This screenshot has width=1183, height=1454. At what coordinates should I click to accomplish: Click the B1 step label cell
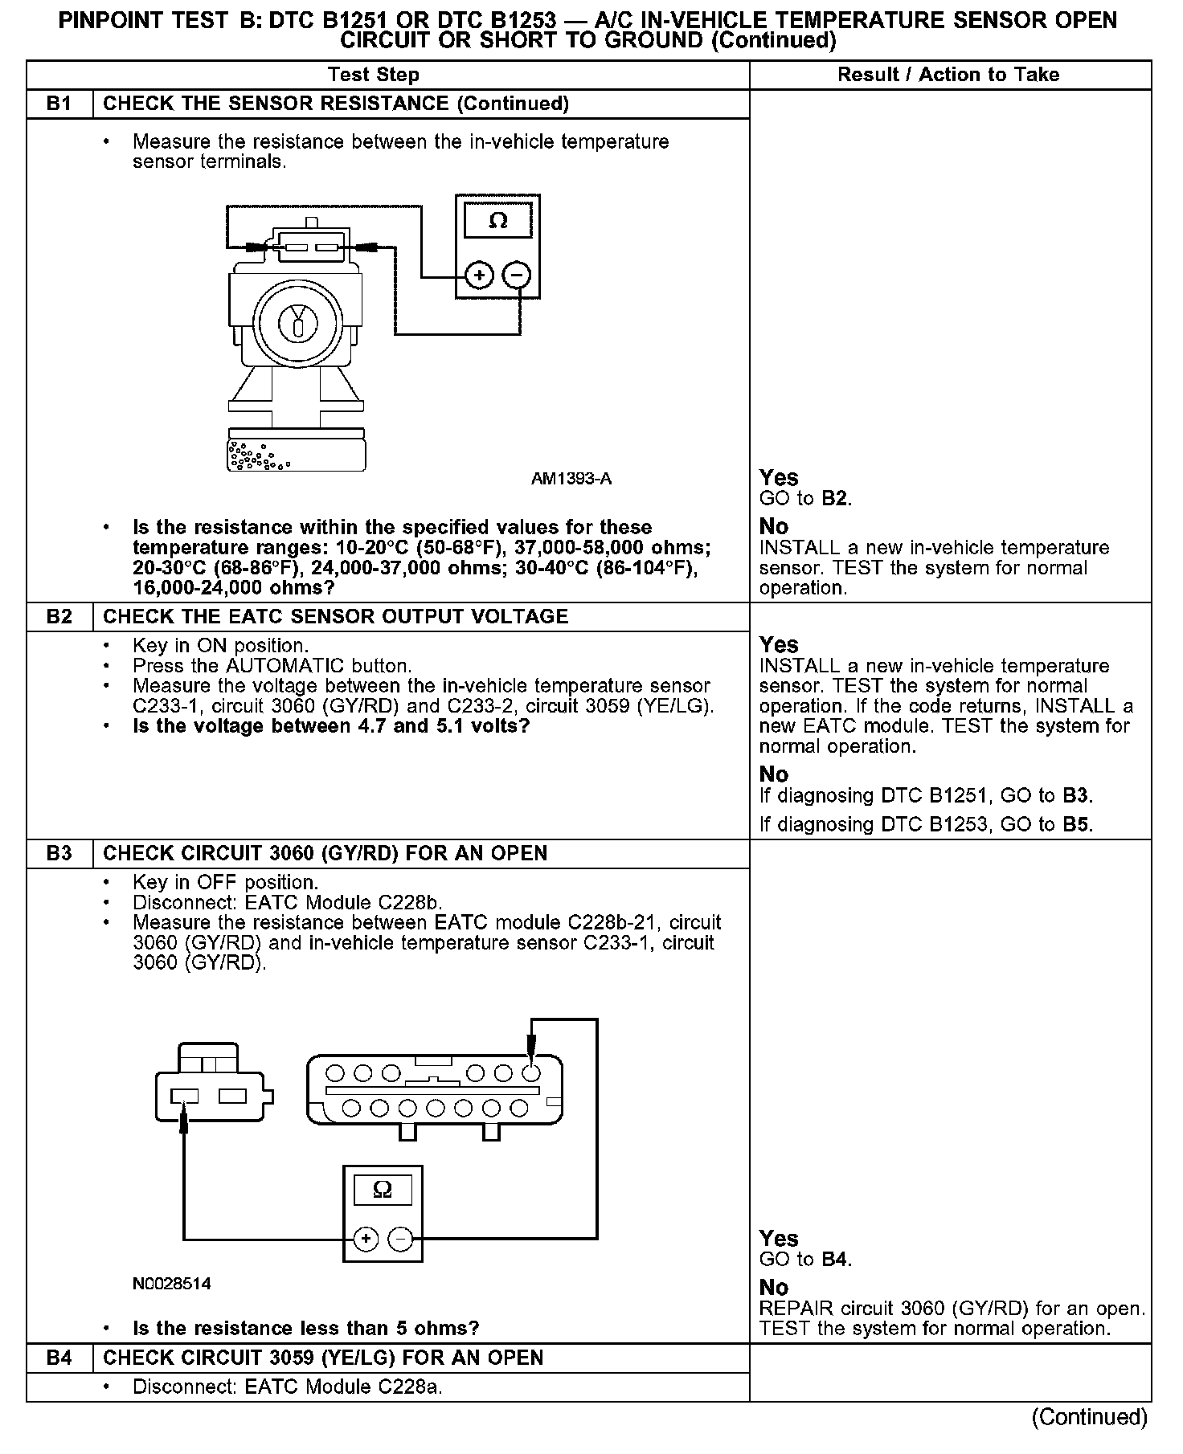pos(59,104)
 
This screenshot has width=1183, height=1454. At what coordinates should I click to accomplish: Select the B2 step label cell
pos(59,616)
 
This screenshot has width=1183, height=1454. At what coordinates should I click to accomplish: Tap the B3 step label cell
pos(59,853)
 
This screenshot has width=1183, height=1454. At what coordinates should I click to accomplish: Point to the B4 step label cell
pos(59,1358)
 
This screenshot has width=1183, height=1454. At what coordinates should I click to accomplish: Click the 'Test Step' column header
pos(374,75)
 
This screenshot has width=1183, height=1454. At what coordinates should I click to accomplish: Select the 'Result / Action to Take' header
pos(948,75)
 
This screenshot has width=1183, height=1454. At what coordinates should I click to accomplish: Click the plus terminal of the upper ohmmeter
pos(480,276)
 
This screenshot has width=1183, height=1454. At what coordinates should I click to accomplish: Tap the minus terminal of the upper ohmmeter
pos(517,276)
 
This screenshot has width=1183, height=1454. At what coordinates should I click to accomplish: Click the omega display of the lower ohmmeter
pos(383,1190)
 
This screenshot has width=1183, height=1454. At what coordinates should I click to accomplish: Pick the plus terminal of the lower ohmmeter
pos(366,1239)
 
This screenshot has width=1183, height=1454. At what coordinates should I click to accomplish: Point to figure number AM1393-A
pos(571,479)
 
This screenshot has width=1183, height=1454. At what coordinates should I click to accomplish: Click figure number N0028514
pos(171,1284)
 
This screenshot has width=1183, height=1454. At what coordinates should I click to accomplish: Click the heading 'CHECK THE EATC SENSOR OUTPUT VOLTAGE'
pos(336,616)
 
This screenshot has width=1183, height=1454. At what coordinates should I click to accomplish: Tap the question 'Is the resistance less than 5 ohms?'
pos(305,1328)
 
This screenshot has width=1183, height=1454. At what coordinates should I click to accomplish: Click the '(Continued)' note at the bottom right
pos(1089,1417)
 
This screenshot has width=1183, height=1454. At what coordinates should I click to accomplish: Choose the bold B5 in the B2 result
pos(1077,824)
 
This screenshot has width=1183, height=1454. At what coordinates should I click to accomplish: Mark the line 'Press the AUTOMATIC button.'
pos(272,666)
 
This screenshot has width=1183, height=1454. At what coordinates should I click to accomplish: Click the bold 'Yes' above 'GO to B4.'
pos(779,1239)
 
